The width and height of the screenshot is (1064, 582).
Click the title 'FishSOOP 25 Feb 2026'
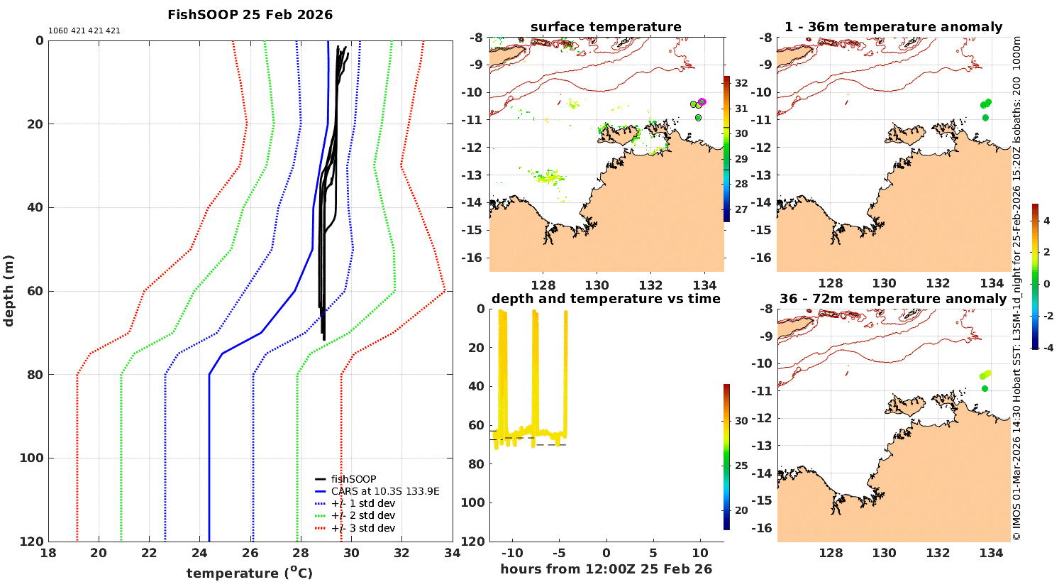pyautogui.click(x=250, y=15)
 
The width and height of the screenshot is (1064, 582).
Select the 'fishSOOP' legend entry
pyautogui.click(x=353, y=479)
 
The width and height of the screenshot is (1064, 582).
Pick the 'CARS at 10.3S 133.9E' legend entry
pyautogui.click(x=385, y=491)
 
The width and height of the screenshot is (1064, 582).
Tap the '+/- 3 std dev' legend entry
pyautogui.click(x=362, y=528)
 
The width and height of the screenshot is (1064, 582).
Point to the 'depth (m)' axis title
pyautogui.click(x=9, y=290)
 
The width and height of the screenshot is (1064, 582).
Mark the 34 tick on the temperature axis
pyautogui.click(x=452, y=554)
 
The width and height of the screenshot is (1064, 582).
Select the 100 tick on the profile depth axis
pyautogui.click(x=31, y=458)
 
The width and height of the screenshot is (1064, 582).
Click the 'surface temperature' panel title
pyautogui.click(x=606, y=27)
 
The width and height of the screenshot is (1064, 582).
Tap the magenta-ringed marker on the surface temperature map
pyautogui.click(x=702, y=102)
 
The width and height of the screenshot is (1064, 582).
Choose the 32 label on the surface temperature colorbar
pyautogui.click(x=741, y=83)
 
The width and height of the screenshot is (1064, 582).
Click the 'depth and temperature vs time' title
pyautogui.click(x=606, y=299)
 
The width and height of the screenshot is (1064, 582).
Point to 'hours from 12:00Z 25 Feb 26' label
pyautogui.click(x=606, y=569)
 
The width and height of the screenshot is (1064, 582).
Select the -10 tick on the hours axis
pyautogui.click(x=512, y=554)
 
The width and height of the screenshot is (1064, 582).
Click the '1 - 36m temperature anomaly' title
pyautogui.click(x=893, y=27)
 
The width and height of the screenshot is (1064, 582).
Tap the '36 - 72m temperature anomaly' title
pyautogui.click(x=893, y=299)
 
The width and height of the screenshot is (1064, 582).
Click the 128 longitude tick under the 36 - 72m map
pyautogui.click(x=831, y=554)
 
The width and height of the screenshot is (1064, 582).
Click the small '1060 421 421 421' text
pyautogui.click(x=84, y=31)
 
